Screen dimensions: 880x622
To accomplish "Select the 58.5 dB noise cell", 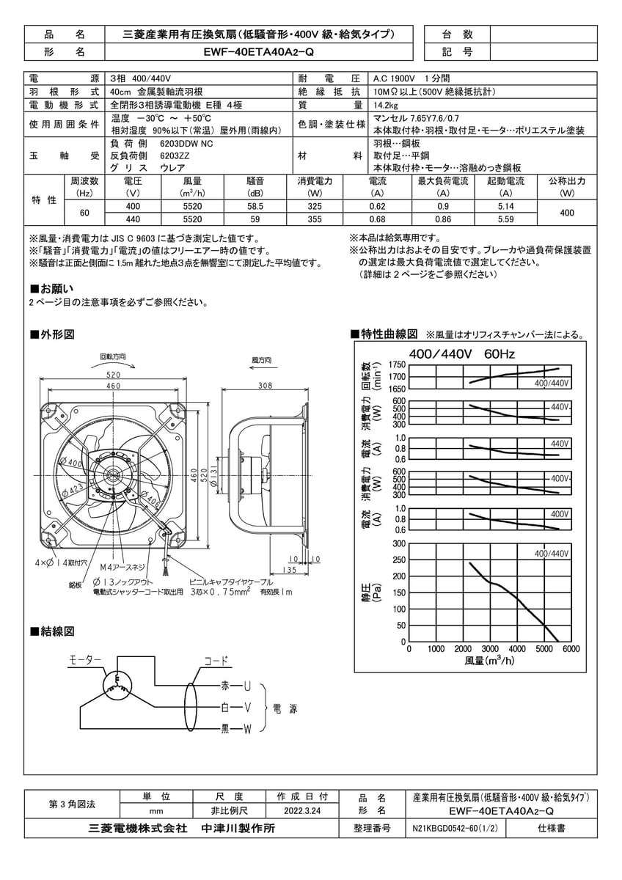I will pos(255,208).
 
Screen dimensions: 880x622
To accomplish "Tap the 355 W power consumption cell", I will pos(315,219).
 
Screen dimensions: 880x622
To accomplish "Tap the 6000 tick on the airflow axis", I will pos(571,649).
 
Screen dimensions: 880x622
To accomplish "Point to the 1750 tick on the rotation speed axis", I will pos(397,365).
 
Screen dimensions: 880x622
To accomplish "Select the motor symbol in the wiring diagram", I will pos(117,686).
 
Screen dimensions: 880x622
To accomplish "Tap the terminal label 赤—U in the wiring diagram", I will pos(236,686).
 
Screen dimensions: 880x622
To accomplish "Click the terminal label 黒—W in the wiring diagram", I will pos(236,728).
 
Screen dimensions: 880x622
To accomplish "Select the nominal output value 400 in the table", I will pos(568,213).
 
